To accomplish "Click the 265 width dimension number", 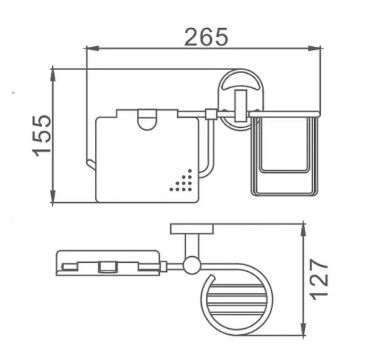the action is point(206,37).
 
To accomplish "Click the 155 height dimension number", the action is point(41,136).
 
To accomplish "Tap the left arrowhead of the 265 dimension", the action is point(92,49).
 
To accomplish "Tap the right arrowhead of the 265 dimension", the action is point(314,49).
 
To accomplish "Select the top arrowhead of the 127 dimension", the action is point(303,230).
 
